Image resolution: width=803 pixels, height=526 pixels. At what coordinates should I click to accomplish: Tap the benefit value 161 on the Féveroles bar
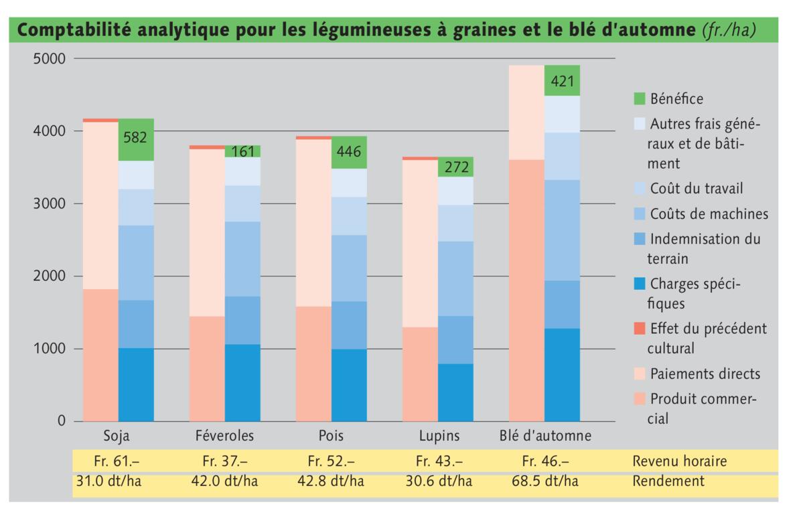pos(242,152)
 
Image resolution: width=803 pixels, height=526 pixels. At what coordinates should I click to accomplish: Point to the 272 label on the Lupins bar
pos(455,167)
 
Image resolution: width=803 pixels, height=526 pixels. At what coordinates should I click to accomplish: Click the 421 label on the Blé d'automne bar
pos(562,82)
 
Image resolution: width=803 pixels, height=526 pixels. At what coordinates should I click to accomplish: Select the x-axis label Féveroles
pos(224,436)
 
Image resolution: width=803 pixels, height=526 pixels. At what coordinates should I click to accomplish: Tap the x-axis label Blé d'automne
pos(545,436)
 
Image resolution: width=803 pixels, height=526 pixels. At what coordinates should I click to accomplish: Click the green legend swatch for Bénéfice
pos(640,100)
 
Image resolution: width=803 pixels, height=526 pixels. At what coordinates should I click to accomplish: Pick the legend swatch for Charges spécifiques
pos(640,284)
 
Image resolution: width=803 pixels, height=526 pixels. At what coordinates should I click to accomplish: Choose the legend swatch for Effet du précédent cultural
pos(640,329)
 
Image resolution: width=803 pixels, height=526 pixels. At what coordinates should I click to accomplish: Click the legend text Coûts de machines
pos(709,214)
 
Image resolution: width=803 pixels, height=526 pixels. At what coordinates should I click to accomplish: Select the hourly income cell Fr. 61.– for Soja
pos(118,461)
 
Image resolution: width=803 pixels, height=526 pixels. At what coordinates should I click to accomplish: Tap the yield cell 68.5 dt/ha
pos(544,481)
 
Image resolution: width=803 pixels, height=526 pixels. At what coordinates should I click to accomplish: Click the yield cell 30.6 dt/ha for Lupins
pos(439,481)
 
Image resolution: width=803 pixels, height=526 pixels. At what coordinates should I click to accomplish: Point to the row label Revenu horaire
pos(679,461)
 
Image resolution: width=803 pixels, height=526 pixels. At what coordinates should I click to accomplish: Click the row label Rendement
pos(668,481)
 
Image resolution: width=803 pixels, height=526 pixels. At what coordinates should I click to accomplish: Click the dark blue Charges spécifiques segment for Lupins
pos(455,392)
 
